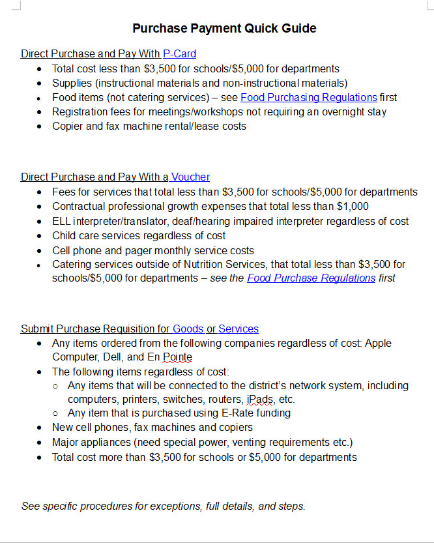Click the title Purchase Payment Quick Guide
point(224,28)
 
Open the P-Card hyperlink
point(179,54)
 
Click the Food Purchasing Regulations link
point(308,98)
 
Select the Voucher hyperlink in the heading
point(190,177)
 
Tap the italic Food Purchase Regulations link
point(311,278)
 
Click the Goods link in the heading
point(188,329)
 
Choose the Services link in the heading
point(239,329)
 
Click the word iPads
point(261,399)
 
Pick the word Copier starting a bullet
point(68,126)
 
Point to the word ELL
point(63,222)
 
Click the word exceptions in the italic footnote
point(174,506)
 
